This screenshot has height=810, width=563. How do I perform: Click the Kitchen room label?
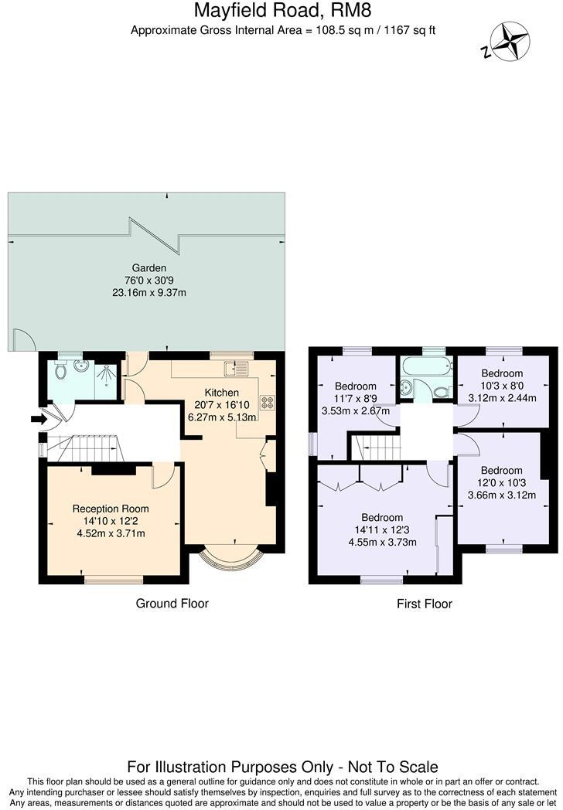[x=223, y=392]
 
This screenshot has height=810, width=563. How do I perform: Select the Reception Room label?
[x=111, y=509]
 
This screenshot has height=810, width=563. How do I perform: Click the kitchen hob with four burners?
[x=268, y=402]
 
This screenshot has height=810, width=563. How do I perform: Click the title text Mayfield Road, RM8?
[x=281, y=11]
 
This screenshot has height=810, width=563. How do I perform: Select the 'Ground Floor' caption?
[x=172, y=603]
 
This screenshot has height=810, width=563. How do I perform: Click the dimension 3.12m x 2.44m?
[x=502, y=398]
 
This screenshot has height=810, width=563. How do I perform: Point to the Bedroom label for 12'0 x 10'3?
[x=501, y=470]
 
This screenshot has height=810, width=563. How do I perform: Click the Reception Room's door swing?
[x=163, y=476]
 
